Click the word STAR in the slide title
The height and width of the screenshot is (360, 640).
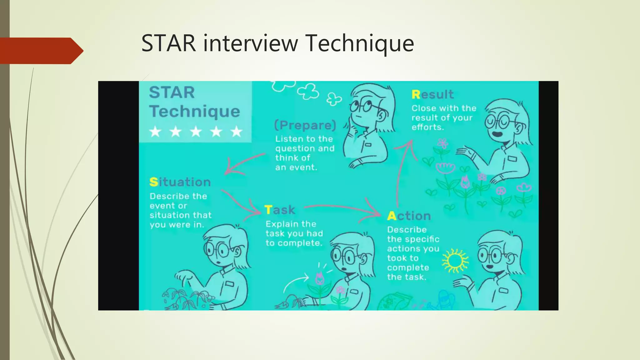tap(168, 43)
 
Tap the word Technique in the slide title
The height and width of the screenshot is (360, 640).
tap(360, 43)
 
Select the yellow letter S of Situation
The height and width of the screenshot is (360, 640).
tap(153, 182)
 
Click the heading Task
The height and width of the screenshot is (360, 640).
tap(280, 210)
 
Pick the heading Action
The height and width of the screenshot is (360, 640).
tap(409, 216)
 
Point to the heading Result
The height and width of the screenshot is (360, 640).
tap(432, 94)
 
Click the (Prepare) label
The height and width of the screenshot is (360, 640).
tap(305, 125)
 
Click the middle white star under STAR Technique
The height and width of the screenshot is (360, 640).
tap(196, 132)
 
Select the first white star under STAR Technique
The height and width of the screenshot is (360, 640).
tap(155, 132)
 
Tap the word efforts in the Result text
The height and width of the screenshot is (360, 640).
tap(427, 127)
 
